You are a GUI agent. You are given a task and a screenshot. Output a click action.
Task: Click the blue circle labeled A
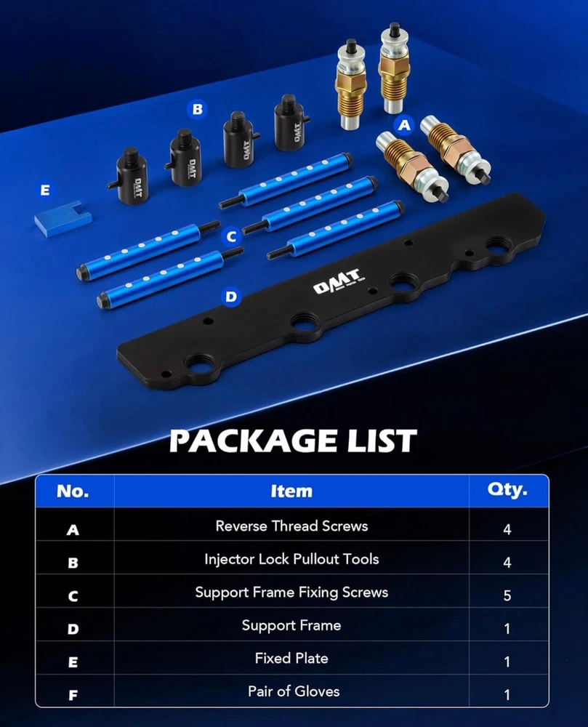[404, 125]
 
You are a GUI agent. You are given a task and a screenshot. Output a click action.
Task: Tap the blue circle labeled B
[198, 110]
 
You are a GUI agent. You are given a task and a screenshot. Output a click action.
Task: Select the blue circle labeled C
[232, 237]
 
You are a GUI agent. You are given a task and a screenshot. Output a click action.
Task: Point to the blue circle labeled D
[230, 297]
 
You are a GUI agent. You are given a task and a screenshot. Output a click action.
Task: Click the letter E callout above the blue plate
[45, 190]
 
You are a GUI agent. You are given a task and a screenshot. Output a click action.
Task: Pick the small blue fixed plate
[63, 218]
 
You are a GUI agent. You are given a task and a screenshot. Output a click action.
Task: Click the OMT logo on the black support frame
[337, 281]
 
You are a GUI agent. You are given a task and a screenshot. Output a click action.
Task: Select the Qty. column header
[507, 489]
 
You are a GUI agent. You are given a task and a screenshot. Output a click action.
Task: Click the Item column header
[291, 491]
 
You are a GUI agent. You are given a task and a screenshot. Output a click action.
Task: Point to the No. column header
[73, 491]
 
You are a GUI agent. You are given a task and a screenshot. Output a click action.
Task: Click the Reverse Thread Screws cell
[292, 526]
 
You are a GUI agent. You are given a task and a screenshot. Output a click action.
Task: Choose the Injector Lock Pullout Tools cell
[292, 559]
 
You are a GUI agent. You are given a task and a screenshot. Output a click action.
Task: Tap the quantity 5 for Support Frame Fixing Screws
[507, 595]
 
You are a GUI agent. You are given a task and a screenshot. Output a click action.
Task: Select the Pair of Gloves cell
[294, 691]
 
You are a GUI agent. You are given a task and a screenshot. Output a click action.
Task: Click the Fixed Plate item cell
[291, 659]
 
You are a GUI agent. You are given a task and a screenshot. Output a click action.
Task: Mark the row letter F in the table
[73, 695]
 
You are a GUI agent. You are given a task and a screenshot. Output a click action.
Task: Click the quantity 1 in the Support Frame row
[507, 629]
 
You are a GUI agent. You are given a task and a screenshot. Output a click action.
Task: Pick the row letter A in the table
[73, 529]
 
